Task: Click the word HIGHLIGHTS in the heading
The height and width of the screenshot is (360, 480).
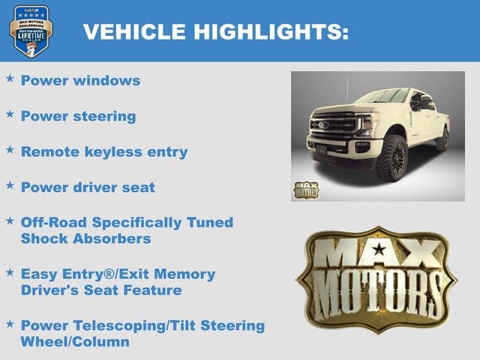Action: (271, 31)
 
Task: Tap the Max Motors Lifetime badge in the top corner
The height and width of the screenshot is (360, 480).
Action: (31, 31)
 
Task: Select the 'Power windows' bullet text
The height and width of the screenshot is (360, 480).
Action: (80, 80)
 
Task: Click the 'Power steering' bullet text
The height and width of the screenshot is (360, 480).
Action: (78, 116)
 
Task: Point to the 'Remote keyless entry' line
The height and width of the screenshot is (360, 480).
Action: (103, 151)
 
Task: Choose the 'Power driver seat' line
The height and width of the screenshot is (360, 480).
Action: (88, 187)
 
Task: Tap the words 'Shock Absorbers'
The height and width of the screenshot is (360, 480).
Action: (85, 238)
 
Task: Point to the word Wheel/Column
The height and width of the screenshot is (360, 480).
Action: (75, 341)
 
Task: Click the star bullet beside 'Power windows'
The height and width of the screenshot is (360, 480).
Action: (10, 78)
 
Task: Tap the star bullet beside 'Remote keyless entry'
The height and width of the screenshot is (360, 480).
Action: (10, 149)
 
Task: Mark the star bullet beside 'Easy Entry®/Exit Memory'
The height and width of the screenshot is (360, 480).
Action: (10, 272)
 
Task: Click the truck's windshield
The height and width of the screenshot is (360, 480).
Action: (383, 97)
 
